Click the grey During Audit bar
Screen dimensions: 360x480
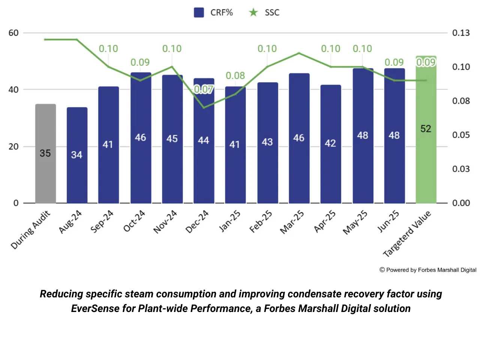coord(45,154)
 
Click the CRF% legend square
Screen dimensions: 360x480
coord(199,12)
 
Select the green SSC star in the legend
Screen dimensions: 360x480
coord(253,12)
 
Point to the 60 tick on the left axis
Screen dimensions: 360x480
coord(13,33)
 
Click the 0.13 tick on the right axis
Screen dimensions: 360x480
coord(461,33)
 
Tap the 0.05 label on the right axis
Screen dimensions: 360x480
coord(461,135)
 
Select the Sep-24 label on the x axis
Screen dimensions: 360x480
coord(102,221)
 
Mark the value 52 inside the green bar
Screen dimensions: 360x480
coord(426,129)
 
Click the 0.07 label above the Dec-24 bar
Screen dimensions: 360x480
coord(204,89)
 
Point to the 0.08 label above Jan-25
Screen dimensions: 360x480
coord(235,76)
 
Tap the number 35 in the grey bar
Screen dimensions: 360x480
coord(45,153)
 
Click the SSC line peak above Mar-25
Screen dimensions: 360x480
coord(299,53)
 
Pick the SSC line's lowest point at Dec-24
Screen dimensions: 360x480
coord(204,108)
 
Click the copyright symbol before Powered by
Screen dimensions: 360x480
coord(382,270)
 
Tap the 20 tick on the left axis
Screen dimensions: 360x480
coord(13,147)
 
